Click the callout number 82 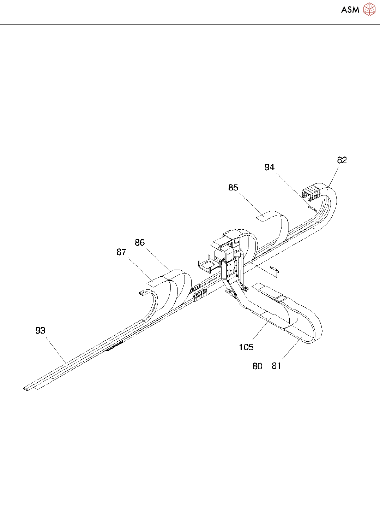(x=342, y=160)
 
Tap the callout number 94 (x=269, y=167)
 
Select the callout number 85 (x=233, y=188)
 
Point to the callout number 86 (x=140, y=242)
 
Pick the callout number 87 (x=121, y=252)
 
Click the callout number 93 (x=41, y=330)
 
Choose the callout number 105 (x=246, y=347)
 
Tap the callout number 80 (x=257, y=366)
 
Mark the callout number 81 (x=276, y=366)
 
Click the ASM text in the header (x=350, y=10)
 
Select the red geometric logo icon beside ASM (x=369, y=10)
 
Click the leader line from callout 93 (x=56, y=350)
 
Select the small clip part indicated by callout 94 (x=312, y=209)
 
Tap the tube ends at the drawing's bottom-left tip (x=25, y=389)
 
